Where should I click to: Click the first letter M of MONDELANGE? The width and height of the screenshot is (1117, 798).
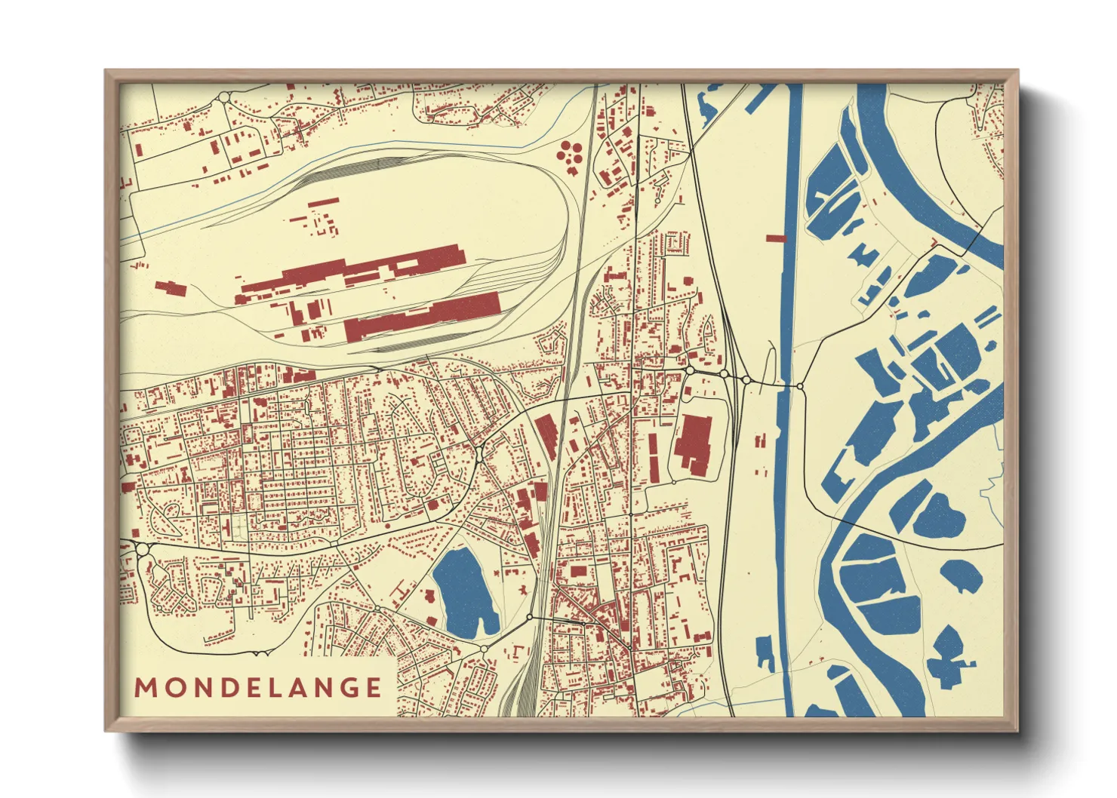144,688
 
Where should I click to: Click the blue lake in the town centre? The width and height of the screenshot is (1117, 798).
464,592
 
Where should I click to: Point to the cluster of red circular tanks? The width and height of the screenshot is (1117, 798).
569,153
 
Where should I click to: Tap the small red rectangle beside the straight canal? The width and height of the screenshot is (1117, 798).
776,238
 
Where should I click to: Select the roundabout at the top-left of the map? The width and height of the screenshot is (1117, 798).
224,97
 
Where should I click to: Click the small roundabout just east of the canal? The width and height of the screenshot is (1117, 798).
800,386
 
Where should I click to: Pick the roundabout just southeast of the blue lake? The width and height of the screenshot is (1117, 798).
530,618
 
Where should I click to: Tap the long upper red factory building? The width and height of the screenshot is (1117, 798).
355,272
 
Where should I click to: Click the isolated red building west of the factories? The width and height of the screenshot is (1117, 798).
170,288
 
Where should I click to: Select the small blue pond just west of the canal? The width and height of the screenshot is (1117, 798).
765,651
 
